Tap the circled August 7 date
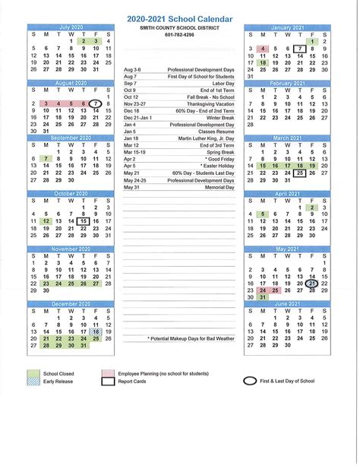click(x=95, y=103)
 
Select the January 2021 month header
click(x=287, y=26)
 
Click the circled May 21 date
click(x=311, y=283)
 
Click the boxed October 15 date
click(x=83, y=221)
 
